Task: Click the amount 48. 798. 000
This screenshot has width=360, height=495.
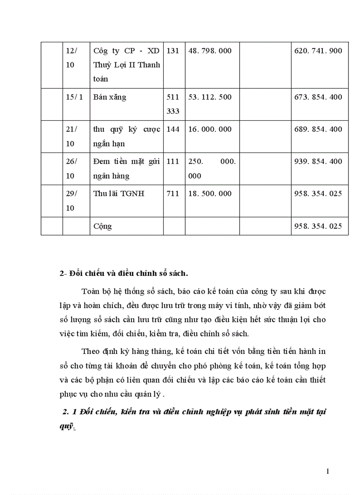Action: (210, 51)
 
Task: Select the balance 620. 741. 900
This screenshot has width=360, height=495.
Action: (318, 51)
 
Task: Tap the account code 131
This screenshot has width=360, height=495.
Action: (173, 51)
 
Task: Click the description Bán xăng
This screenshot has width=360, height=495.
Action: (109, 97)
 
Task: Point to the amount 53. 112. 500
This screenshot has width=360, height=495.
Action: (210, 97)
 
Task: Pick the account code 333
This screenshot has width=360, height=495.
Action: (173, 111)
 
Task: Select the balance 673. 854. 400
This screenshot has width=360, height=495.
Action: (318, 97)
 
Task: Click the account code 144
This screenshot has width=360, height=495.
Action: (173, 129)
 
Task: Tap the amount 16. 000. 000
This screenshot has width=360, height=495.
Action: (210, 129)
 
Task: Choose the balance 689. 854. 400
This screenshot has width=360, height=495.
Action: (318, 129)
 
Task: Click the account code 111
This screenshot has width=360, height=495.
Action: (173, 161)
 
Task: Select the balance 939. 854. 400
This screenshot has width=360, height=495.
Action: (318, 161)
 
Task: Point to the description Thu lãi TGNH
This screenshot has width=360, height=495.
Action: (119, 194)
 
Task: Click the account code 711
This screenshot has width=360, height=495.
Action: (173, 194)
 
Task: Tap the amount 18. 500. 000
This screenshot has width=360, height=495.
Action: (210, 194)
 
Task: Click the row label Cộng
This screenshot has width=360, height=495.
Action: (103, 227)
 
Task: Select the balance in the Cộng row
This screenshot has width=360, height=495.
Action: (318, 226)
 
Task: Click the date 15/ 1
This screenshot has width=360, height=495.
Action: (75, 97)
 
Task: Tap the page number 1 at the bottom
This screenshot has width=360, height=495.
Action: (328, 472)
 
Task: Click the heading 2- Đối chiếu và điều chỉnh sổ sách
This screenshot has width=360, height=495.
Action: (124, 273)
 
